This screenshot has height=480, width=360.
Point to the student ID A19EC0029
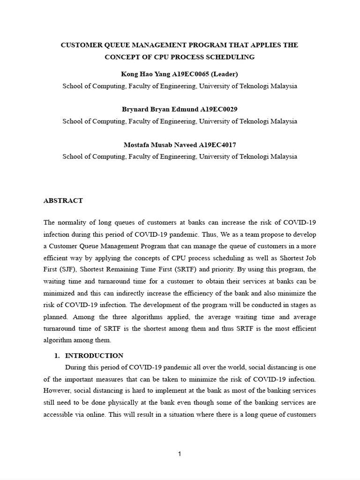[219, 109]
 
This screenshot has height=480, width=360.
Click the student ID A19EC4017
[218, 145]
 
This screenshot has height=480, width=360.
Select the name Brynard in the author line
[135, 109]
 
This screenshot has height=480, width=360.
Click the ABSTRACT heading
[63, 201]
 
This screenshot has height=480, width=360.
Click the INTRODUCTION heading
[94, 356]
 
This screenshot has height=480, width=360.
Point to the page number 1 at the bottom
[180, 454]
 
